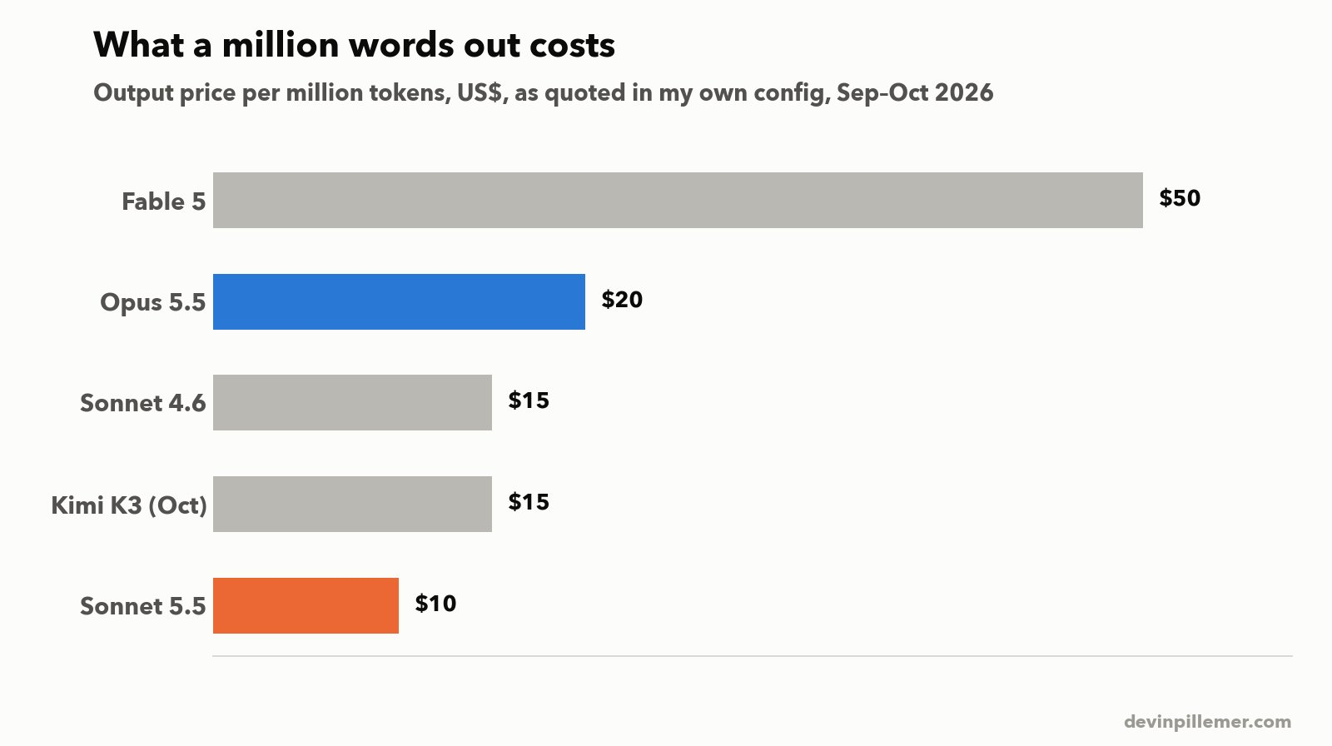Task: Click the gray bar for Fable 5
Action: (x=678, y=200)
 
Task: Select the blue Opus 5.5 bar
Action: (x=399, y=301)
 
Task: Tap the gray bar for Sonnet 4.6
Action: (x=353, y=403)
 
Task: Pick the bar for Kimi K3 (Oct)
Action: (x=353, y=504)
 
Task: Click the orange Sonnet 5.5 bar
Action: (x=306, y=605)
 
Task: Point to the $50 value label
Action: (x=1180, y=198)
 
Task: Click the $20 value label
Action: (x=622, y=299)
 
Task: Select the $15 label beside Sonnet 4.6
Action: (x=529, y=400)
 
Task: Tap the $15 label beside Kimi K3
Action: (x=529, y=502)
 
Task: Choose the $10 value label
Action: (x=436, y=604)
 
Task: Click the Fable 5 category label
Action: (x=163, y=201)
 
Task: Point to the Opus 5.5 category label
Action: (x=153, y=303)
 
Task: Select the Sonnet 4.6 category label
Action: (x=142, y=403)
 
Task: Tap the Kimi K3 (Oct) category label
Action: (x=129, y=505)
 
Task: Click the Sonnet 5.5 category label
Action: (x=142, y=606)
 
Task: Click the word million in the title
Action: (x=281, y=45)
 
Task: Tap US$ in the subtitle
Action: (x=482, y=92)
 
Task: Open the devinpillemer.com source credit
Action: (x=1208, y=722)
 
